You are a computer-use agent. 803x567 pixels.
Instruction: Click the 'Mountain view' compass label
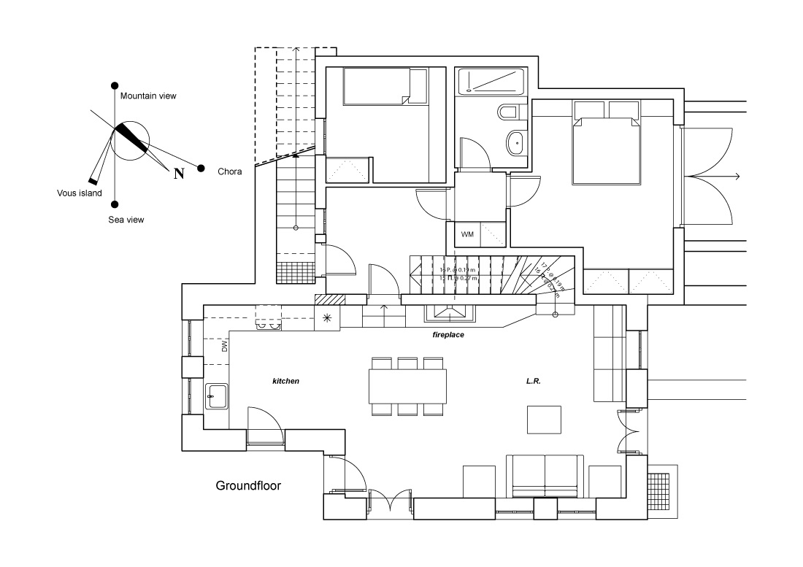tap(148, 96)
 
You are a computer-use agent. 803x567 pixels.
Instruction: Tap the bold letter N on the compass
tap(177, 173)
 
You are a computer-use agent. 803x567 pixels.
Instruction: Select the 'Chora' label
tap(229, 173)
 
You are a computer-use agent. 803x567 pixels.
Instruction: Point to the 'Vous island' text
tap(80, 193)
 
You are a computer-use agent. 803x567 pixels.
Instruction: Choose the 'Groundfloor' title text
tap(248, 485)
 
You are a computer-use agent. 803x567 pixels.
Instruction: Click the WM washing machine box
tap(467, 234)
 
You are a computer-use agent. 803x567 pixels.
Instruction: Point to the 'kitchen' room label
tap(285, 381)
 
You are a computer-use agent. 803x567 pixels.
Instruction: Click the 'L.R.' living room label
tap(533, 381)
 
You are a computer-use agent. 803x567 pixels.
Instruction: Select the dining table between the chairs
tap(407, 386)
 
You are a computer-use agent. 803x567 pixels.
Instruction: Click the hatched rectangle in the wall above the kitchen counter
tap(329, 298)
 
